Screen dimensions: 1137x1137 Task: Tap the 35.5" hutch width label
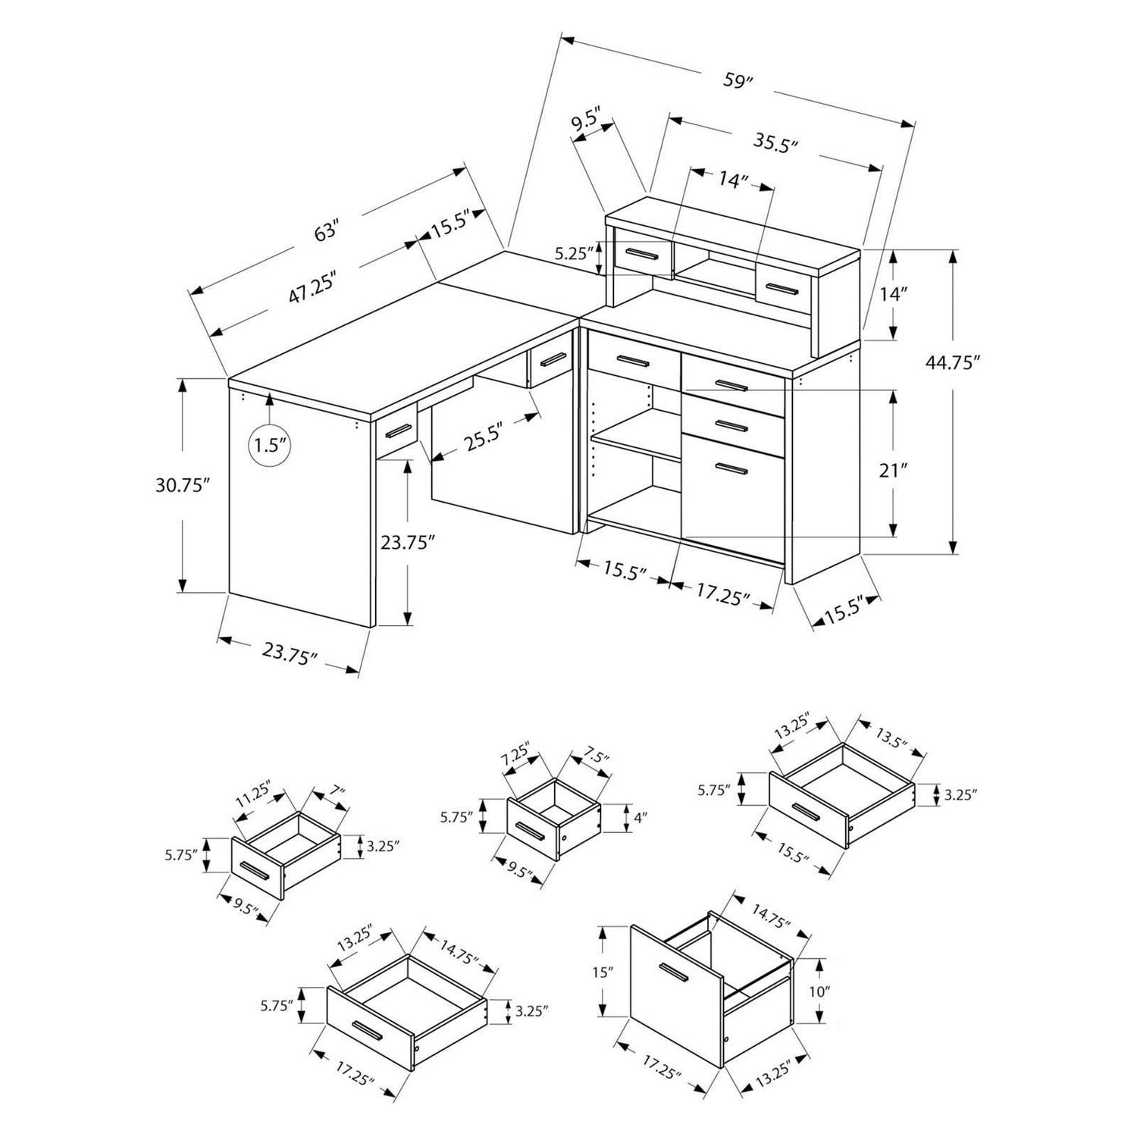point(777,142)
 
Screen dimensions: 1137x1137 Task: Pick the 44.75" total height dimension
point(947,362)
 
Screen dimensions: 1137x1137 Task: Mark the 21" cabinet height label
point(894,470)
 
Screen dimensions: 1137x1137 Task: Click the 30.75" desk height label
point(181,485)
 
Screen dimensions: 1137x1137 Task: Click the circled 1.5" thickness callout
point(270,444)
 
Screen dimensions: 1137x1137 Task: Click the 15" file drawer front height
point(602,972)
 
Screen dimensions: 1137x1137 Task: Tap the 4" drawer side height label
point(641,818)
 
